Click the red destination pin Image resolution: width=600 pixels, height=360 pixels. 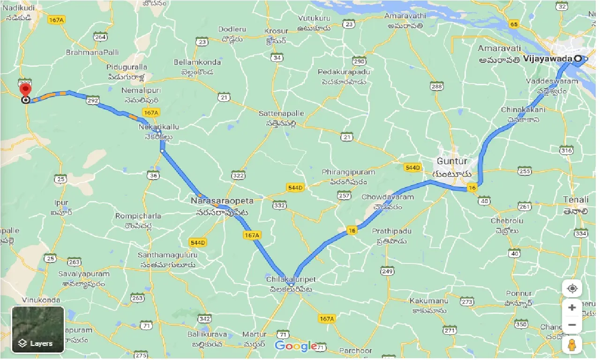coord(25,90)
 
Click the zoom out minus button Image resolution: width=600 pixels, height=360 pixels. coord(572,325)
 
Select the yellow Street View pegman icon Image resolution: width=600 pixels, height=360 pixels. coord(572,345)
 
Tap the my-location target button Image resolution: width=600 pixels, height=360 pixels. coord(572,288)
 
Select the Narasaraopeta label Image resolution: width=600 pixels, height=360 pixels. coord(222,201)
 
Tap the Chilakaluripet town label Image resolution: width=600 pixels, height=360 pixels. coord(291,279)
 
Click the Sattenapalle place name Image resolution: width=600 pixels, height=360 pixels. coord(281,113)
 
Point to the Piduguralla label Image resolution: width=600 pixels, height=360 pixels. coord(127,67)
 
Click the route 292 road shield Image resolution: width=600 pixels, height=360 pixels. coord(92,100)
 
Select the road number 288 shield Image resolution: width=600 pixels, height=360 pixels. coord(436,86)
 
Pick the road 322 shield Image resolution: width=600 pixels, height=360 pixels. coord(238,175)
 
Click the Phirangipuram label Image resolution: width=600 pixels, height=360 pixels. coord(345,172)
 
